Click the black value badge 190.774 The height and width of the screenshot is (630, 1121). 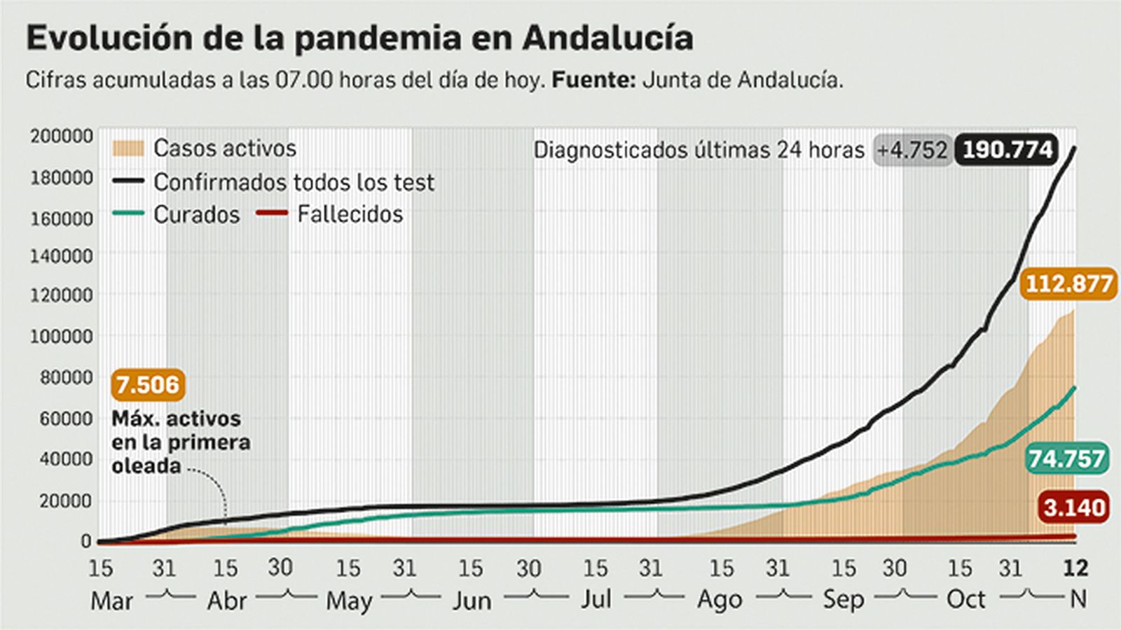click(1007, 150)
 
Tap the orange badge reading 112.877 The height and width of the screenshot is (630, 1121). click(1068, 284)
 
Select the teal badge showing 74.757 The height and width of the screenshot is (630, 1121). click(1066, 459)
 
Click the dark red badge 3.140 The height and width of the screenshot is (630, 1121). click(1074, 507)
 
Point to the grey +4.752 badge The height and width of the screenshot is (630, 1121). click(912, 150)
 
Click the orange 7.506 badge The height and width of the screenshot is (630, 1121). click(148, 385)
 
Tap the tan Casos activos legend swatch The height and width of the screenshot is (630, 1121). click(128, 148)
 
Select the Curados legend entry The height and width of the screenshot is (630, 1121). click(196, 214)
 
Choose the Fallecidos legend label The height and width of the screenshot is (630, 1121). click(350, 214)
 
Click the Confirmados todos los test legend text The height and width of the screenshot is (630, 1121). click(294, 182)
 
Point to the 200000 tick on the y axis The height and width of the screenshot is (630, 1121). click(61, 136)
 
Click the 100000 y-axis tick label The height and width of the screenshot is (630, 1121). click(61, 336)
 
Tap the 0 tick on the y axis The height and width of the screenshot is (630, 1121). click(86, 541)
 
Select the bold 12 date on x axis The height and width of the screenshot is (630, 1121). click(1075, 568)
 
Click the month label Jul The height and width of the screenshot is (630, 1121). click(596, 600)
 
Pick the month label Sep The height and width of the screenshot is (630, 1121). click(843, 600)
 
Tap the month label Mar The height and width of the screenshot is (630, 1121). click(111, 601)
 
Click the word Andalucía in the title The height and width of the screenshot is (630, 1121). click(607, 38)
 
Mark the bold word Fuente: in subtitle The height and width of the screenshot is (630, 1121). click(593, 80)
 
